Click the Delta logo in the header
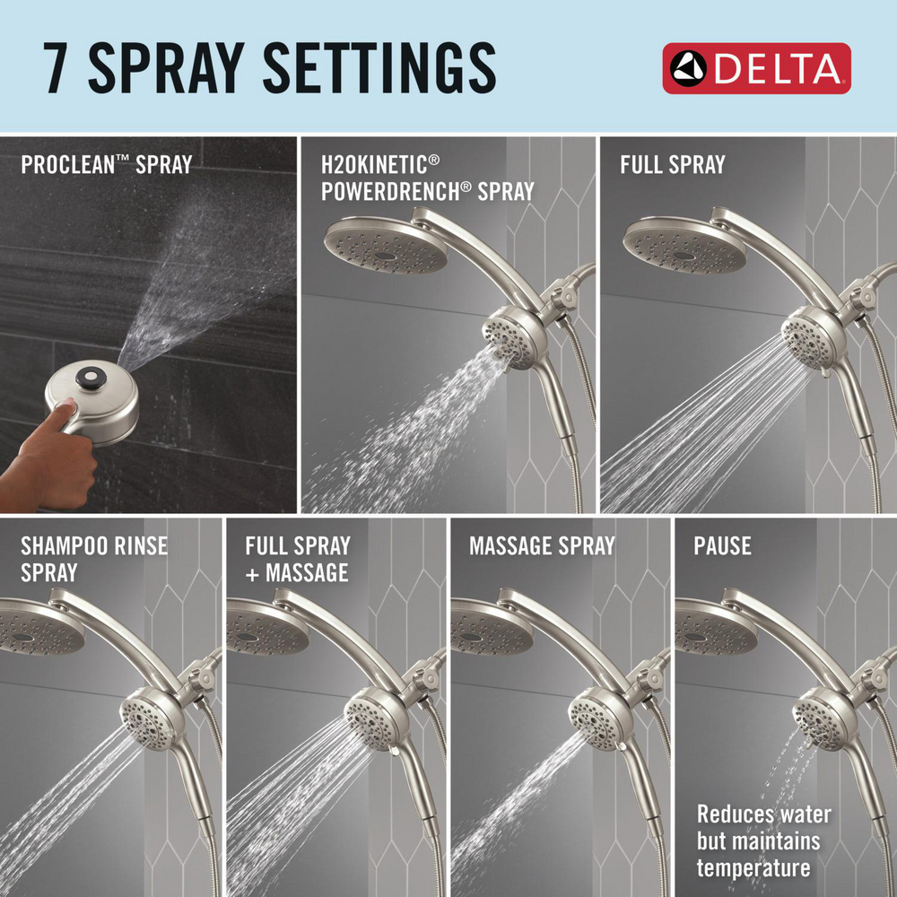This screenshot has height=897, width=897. click(x=756, y=68)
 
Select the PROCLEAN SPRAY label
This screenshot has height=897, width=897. click(x=106, y=166)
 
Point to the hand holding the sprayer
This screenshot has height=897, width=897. click(x=54, y=457)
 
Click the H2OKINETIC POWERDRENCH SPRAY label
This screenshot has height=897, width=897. click(x=427, y=178)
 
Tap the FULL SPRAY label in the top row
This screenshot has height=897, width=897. click(x=672, y=165)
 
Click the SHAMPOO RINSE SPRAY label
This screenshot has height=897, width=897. click(x=93, y=558)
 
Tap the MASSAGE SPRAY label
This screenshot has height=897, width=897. click(x=542, y=545)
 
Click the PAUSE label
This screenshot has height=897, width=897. click(x=722, y=545)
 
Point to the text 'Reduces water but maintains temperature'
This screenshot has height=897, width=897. click(x=763, y=841)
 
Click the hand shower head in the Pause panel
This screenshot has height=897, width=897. click(x=818, y=716)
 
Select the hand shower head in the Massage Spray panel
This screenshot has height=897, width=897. click(x=595, y=716)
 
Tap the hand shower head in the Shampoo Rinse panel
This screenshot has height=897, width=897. click(x=147, y=716)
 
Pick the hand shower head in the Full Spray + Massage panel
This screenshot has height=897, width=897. click(x=370, y=716)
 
